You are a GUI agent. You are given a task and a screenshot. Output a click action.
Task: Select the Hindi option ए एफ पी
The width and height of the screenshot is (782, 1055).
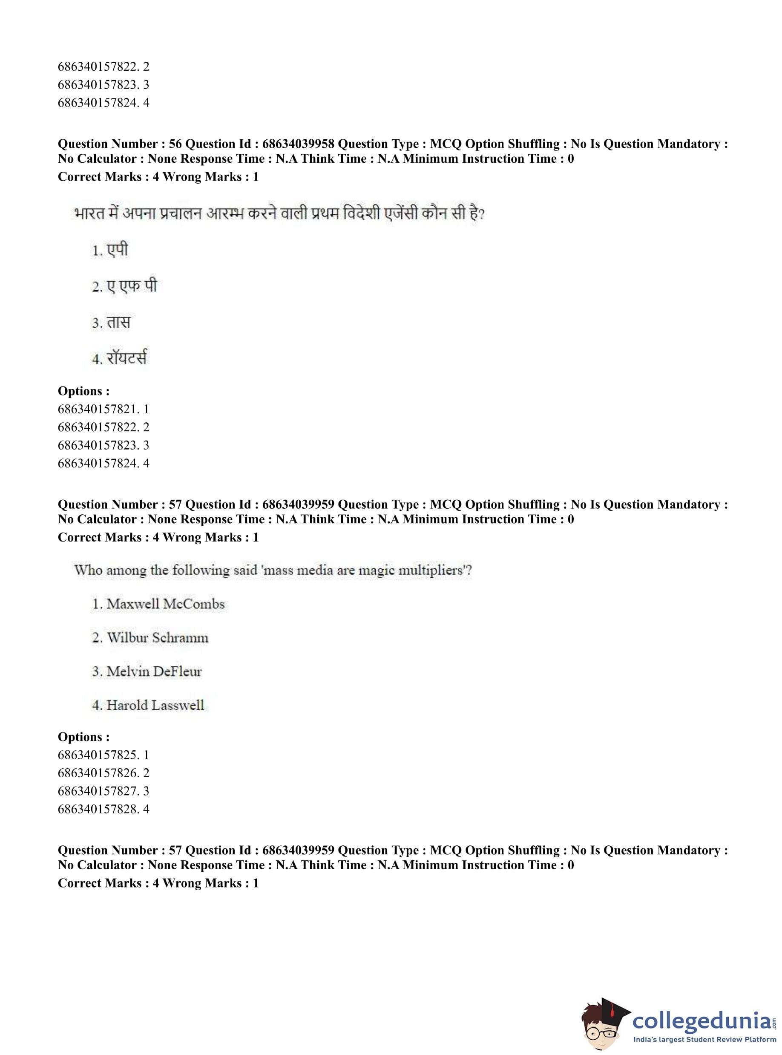tap(131, 286)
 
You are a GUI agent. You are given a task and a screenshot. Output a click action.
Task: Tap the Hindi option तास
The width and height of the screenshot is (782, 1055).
tap(118, 323)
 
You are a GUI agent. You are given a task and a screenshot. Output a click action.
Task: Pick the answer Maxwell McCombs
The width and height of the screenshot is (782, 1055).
tap(165, 604)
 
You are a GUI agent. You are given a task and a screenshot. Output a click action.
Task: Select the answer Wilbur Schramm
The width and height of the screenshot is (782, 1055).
tap(157, 638)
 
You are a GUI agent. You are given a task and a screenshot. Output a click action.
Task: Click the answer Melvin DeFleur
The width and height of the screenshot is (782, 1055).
tap(154, 672)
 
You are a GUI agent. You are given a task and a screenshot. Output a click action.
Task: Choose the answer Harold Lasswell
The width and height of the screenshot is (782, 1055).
tap(155, 706)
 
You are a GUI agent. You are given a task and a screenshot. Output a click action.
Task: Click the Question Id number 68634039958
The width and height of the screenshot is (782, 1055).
tap(298, 144)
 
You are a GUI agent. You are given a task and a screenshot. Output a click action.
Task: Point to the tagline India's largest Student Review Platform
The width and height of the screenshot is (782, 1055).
tap(704, 1041)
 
